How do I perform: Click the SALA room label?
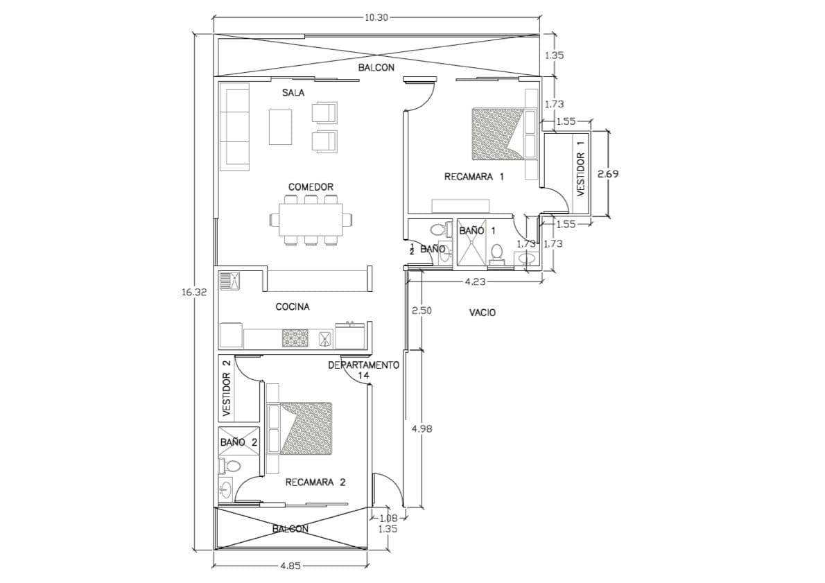point(293,93)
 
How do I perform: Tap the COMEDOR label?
point(311,186)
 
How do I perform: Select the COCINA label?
point(293,306)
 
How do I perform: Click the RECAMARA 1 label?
point(474,177)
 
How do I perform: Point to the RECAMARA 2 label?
point(315,482)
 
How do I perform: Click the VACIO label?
point(483,313)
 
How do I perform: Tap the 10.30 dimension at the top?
point(376,17)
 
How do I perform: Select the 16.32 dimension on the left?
point(194,293)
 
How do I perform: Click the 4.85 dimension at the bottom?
point(290,566)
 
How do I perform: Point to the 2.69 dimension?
point(608,173)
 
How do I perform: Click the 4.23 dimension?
point(475,281)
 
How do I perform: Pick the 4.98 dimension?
point(422,429)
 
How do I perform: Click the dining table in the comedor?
point(311,218)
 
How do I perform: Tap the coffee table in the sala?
point(281,126)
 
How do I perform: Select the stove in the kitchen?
point(295,338)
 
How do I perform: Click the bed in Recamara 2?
point(306,429)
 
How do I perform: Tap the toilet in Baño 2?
point(230,466)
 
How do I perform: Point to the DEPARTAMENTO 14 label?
point(363,370)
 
